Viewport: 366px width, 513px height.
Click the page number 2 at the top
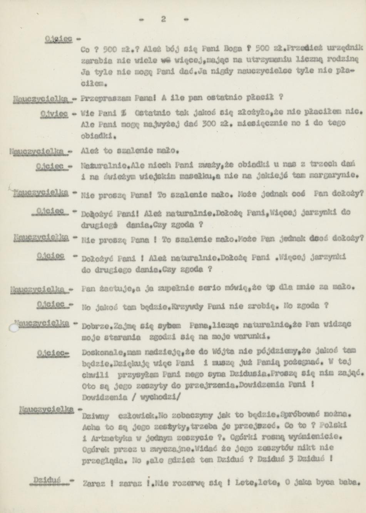click(x=164, y=19)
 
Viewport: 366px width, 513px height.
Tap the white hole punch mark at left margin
click(x=14, y=327)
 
